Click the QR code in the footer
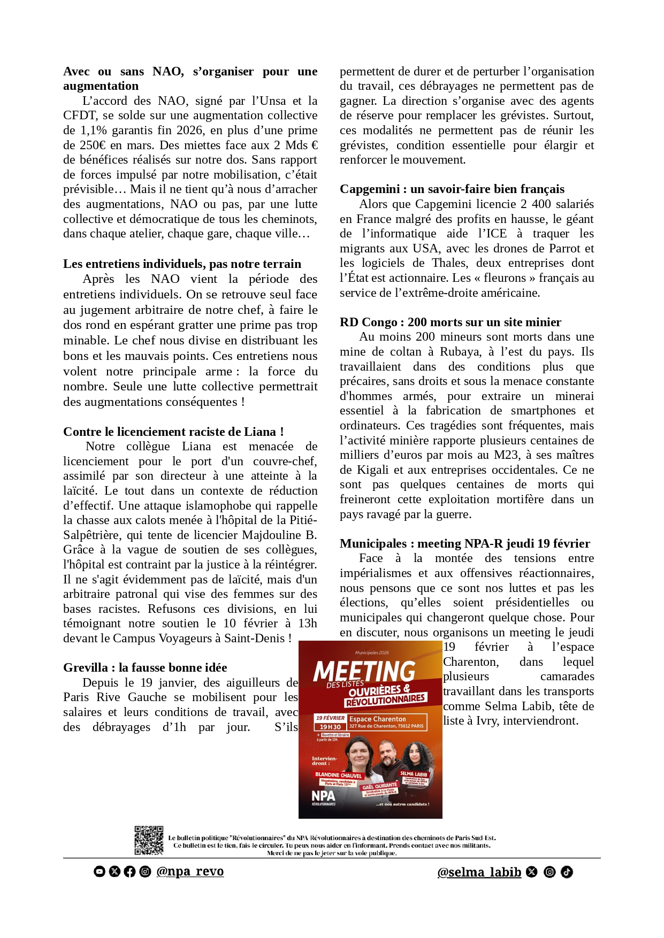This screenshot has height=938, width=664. click(x=149, y=841)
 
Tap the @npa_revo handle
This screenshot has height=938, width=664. click(x=190, y=872)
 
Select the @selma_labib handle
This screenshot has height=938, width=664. click(x=479, y=873)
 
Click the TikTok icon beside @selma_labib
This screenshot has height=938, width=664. click(x=567, y=872)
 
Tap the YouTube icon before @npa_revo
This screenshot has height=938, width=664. click(x=100, y=872)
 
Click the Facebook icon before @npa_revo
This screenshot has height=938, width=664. click(x=129, y=872)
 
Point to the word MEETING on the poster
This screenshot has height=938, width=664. click(x=364, y=671)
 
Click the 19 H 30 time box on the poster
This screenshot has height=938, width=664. click(x=330, y=727)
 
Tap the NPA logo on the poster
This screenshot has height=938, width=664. click(x=323, y=796)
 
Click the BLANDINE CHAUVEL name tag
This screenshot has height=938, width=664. click(x=339, y=775)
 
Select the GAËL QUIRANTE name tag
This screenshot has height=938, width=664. click(x=380, y=786)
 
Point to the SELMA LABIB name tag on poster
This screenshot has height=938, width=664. click(x=414, y=774)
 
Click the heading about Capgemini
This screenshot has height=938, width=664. click(x=452, y=189)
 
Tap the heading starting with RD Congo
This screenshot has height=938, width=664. click(x=450, y=322)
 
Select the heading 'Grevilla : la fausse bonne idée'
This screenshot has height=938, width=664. click(x=145, y=668)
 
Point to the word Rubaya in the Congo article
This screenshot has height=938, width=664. click(x=460, y=352)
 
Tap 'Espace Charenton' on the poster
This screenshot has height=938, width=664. click(x=378, y=719)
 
